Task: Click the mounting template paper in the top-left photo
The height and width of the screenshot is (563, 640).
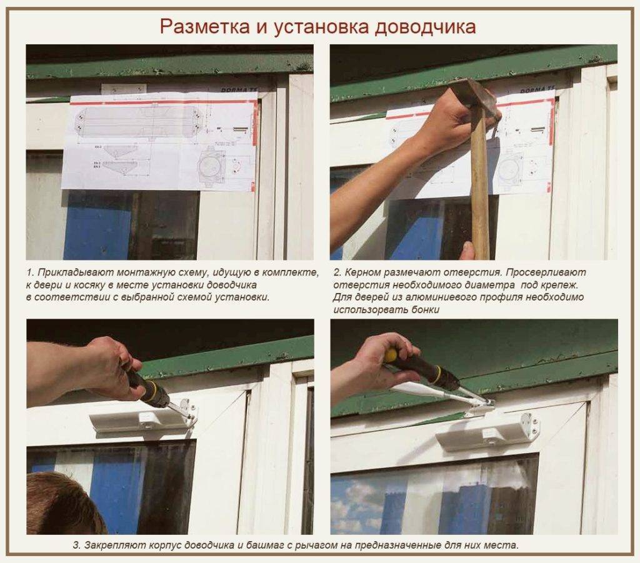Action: click(x=159, y=141)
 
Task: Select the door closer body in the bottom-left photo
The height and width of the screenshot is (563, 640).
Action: click(x=141, y=420)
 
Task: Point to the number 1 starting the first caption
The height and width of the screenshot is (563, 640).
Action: click(x=29, y=273)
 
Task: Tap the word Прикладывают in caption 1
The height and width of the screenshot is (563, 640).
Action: click(x=70, y=273)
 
